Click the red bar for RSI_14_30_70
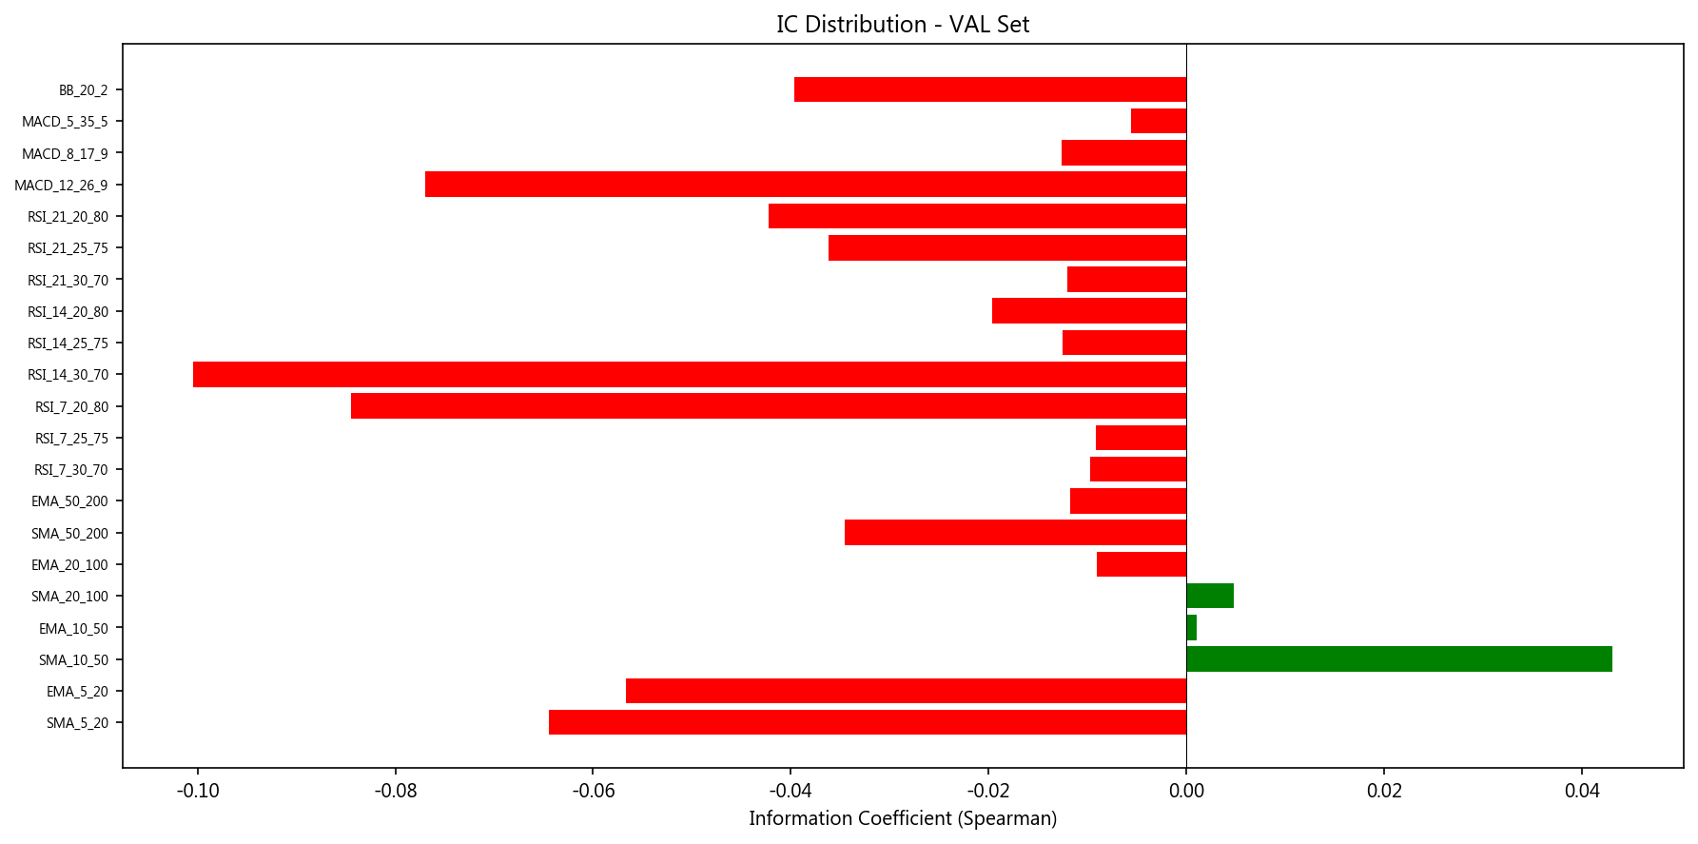[x=690, y=374]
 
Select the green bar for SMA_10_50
[x=1398, y=659]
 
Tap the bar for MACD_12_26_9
[x=806, y=185]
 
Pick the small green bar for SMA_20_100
[x=1210, y=596]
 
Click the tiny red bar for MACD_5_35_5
[x=1159, y=121]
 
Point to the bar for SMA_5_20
[x=868, y=722]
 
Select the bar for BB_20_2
[x=990, y=89]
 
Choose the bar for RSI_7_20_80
[x=769, y=406]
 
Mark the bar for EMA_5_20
[x=906, y=691]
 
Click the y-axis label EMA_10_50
[x=73, y=628]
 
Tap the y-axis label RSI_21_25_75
[x=68, y=248]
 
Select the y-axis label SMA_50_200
[x=69, y=533]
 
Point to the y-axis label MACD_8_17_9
[x=65, y=153]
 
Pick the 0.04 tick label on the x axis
[x=1582, y=791]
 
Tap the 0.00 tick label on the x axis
[x=1186, y=791]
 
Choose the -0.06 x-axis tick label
[x=593, y=791]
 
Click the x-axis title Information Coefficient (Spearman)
[x=903, y=818]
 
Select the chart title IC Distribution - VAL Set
[x=903, y=24]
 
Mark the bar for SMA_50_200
[x=1015, y=533]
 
